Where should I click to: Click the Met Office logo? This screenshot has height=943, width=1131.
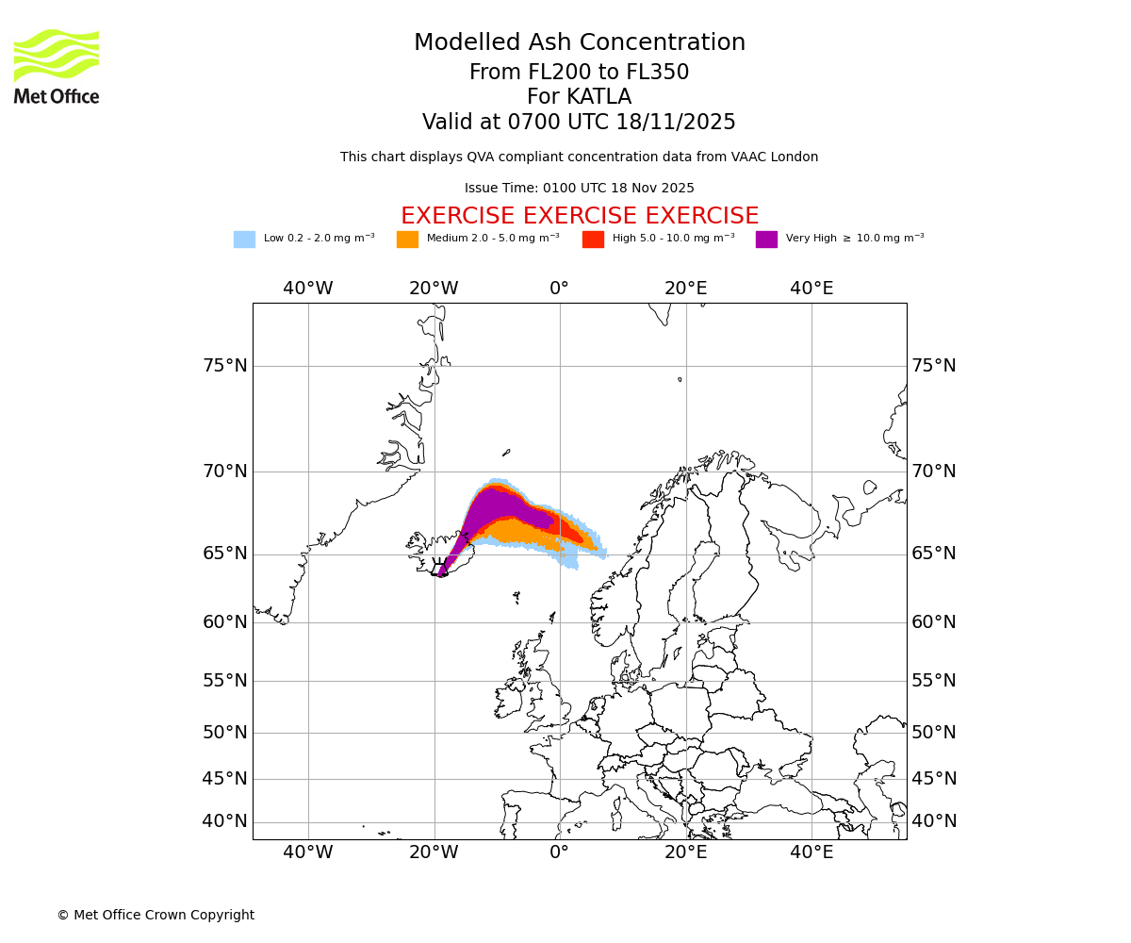pos(57,66)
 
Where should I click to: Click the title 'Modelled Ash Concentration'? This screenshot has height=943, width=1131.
pos(580,43)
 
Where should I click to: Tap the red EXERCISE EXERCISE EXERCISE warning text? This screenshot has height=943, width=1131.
pos(580,216)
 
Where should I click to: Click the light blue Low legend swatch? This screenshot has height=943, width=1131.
pos(244,239)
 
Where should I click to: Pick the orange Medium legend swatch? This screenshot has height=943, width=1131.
pos(407,239)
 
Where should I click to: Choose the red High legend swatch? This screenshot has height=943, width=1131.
pos(593,239)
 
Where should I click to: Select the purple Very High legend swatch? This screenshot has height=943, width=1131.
pos(766,239)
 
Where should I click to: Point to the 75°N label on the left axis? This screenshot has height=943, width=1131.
pos(225,366)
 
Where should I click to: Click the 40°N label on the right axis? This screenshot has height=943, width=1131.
pos(933,821)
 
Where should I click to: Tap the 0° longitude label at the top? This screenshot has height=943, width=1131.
pos(560,289)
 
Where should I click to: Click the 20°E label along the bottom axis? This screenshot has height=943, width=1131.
pos(686,852)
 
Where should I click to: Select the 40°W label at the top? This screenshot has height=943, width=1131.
pos(308,289)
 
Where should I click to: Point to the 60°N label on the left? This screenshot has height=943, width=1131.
pos(225,622)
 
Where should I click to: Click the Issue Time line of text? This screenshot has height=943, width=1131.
pos(580,189)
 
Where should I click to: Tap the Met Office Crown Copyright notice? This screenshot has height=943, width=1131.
pos(156,915)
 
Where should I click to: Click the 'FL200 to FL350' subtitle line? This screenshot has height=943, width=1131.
pos(580,73)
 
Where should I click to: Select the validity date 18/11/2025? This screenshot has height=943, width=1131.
pos(676,123)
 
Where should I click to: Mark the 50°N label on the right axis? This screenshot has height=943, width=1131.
pos(933,733)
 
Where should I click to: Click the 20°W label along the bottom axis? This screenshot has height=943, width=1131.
pos(434,852)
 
